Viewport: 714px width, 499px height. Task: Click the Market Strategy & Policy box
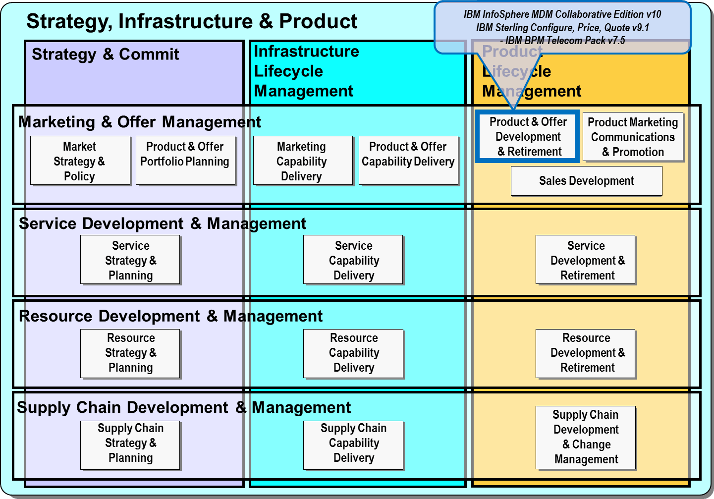(x=80, y=161)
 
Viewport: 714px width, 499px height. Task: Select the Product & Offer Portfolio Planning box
(x=185, y=161)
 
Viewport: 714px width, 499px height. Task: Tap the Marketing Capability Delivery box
(x=303, y=161)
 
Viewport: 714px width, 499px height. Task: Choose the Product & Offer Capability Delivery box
(x=408, y=161)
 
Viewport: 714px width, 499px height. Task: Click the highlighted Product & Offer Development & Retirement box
(x=527, y=136)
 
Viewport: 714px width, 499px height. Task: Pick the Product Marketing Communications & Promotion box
(x=633, y=137)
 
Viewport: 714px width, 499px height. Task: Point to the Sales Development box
(x=587, y=181)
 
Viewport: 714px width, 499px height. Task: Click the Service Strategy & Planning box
(x=130, y=260)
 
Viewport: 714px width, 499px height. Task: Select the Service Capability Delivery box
(x=353, y=260)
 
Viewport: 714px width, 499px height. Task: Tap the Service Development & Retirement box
(x=586, y=260)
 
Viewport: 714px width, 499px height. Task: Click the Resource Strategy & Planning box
(x=130, y=354)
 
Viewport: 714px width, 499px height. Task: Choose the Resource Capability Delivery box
(x=353, y=354)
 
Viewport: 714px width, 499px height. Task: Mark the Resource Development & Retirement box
(x=586, y=354)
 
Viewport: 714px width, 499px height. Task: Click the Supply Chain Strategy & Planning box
(x=130, y=445)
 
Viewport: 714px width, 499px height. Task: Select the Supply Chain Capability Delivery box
(x=353, y=445)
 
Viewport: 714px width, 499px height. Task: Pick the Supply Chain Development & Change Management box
(x=586, y=438)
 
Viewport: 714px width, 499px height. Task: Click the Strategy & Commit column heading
(x=105, y=54)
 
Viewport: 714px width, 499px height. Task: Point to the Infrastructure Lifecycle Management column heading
(x=306, y=71)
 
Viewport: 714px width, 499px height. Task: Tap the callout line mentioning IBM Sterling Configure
(x=562, y=28)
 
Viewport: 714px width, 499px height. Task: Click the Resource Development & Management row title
(x=170, y=316)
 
